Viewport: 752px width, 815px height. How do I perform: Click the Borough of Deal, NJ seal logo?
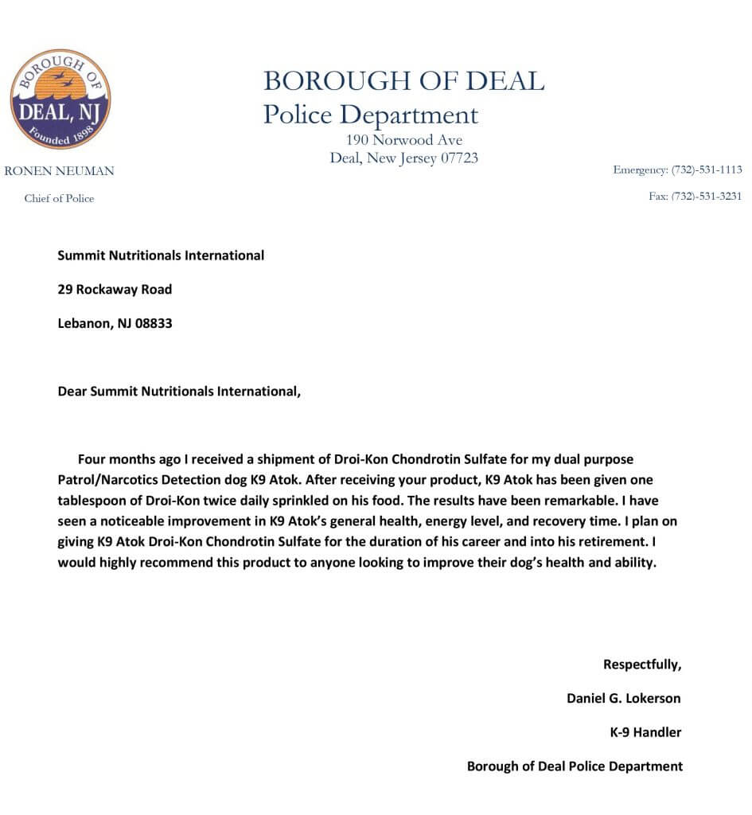click(x=60, y=99)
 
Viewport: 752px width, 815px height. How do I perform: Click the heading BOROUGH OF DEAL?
click(x=403, y=80)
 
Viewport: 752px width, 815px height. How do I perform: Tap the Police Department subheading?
click(x=371, y=115)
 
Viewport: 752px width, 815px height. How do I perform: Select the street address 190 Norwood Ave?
click(x=399, y=140)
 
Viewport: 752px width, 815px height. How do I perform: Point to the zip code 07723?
click(x=459, y=158)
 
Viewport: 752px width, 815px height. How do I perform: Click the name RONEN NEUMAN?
click(x=60, y=171)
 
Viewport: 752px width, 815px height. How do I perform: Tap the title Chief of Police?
click(x=59, y=198)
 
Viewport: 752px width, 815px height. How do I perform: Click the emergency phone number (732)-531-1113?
click(x=707, y=170)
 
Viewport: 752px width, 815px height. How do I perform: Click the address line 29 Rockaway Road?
click(x=115, y=290)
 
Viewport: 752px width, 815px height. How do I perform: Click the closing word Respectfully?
click(x=642, y=665)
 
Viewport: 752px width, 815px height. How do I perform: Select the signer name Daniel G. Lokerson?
click(x=623, y=699)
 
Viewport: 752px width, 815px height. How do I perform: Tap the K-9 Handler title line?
click(x=645, y=732)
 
